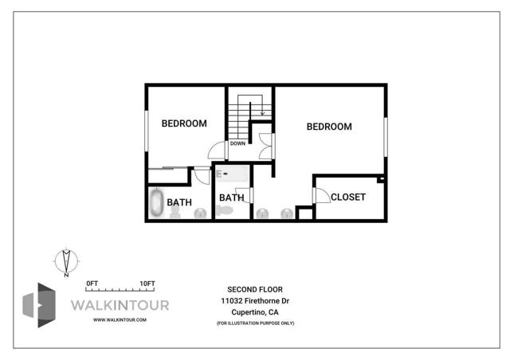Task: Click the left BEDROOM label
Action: (x=184, y=123)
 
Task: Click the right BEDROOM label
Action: (x=329, y=127)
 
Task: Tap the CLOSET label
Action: (x=347, y=197)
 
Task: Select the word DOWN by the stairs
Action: (x=237, y=144)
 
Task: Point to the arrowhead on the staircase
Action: (x=262, y=113)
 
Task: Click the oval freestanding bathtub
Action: (x=156, y=202)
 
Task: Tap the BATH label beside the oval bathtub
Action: (x=179, y=202)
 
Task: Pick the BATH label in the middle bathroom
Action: (x=231, y=198)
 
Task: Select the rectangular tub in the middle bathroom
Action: (x=232, y=173)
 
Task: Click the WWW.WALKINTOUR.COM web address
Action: (x=120, y=319)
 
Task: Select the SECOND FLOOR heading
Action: (x=255, y=289)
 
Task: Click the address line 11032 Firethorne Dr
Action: (x=255, y=301)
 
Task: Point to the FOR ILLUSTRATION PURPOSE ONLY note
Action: (x=255, y=323)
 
